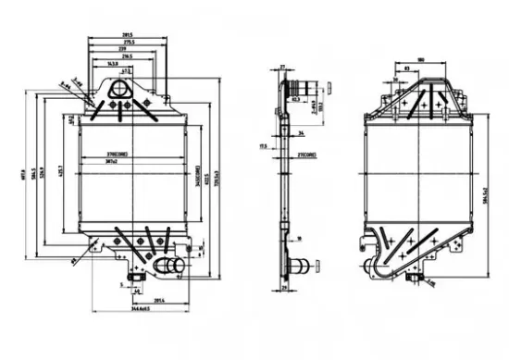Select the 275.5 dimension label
tap(127, 43)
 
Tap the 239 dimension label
tap(126, 50)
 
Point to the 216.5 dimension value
tap(126, 57)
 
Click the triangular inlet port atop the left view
tap(121, 90)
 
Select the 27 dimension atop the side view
tap(284, 68)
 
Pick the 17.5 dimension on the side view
tap(264, 146)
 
